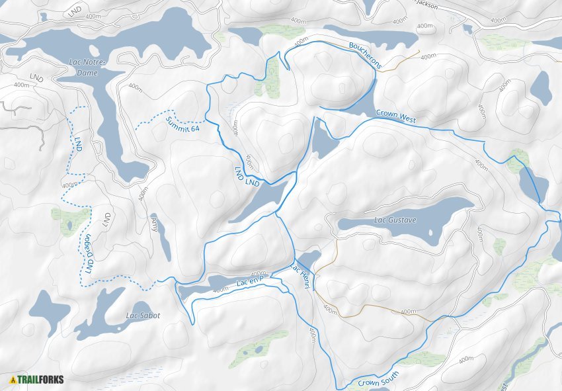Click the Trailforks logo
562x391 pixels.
37,380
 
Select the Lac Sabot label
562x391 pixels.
143,316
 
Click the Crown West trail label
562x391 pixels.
395,116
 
